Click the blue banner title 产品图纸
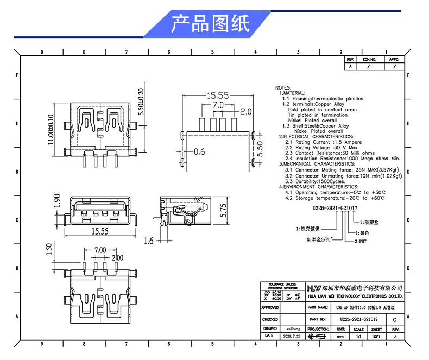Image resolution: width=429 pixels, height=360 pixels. click(210, 24)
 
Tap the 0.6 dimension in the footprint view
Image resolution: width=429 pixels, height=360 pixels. click(199, 151)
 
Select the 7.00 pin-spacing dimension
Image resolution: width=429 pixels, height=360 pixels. click(99, 250)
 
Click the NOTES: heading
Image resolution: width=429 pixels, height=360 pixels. click(283, 87)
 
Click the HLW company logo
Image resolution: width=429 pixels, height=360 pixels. click(314, 287)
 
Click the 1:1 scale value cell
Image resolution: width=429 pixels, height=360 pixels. click(358, 337)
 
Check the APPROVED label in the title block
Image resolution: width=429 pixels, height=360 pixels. click(270, 307)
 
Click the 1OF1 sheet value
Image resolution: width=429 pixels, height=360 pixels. click(376, 337)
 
